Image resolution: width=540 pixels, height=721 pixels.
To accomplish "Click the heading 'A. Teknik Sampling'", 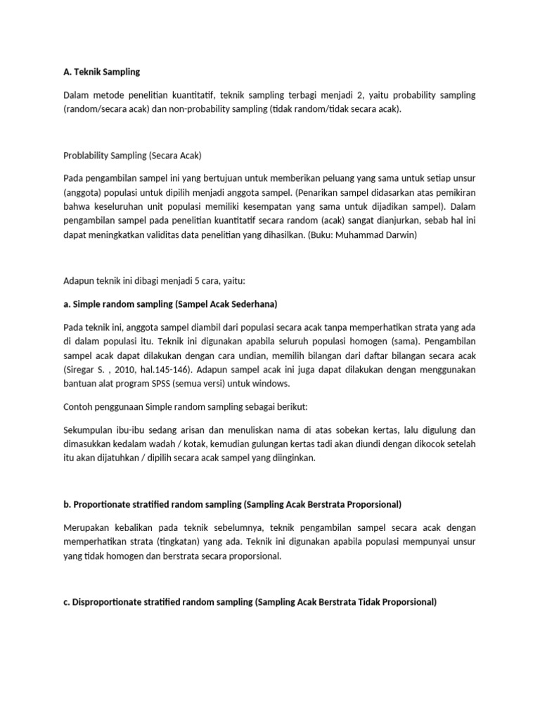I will (x=103, y=72).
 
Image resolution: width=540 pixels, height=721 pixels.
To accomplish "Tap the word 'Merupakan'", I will (x=87, y=528).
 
